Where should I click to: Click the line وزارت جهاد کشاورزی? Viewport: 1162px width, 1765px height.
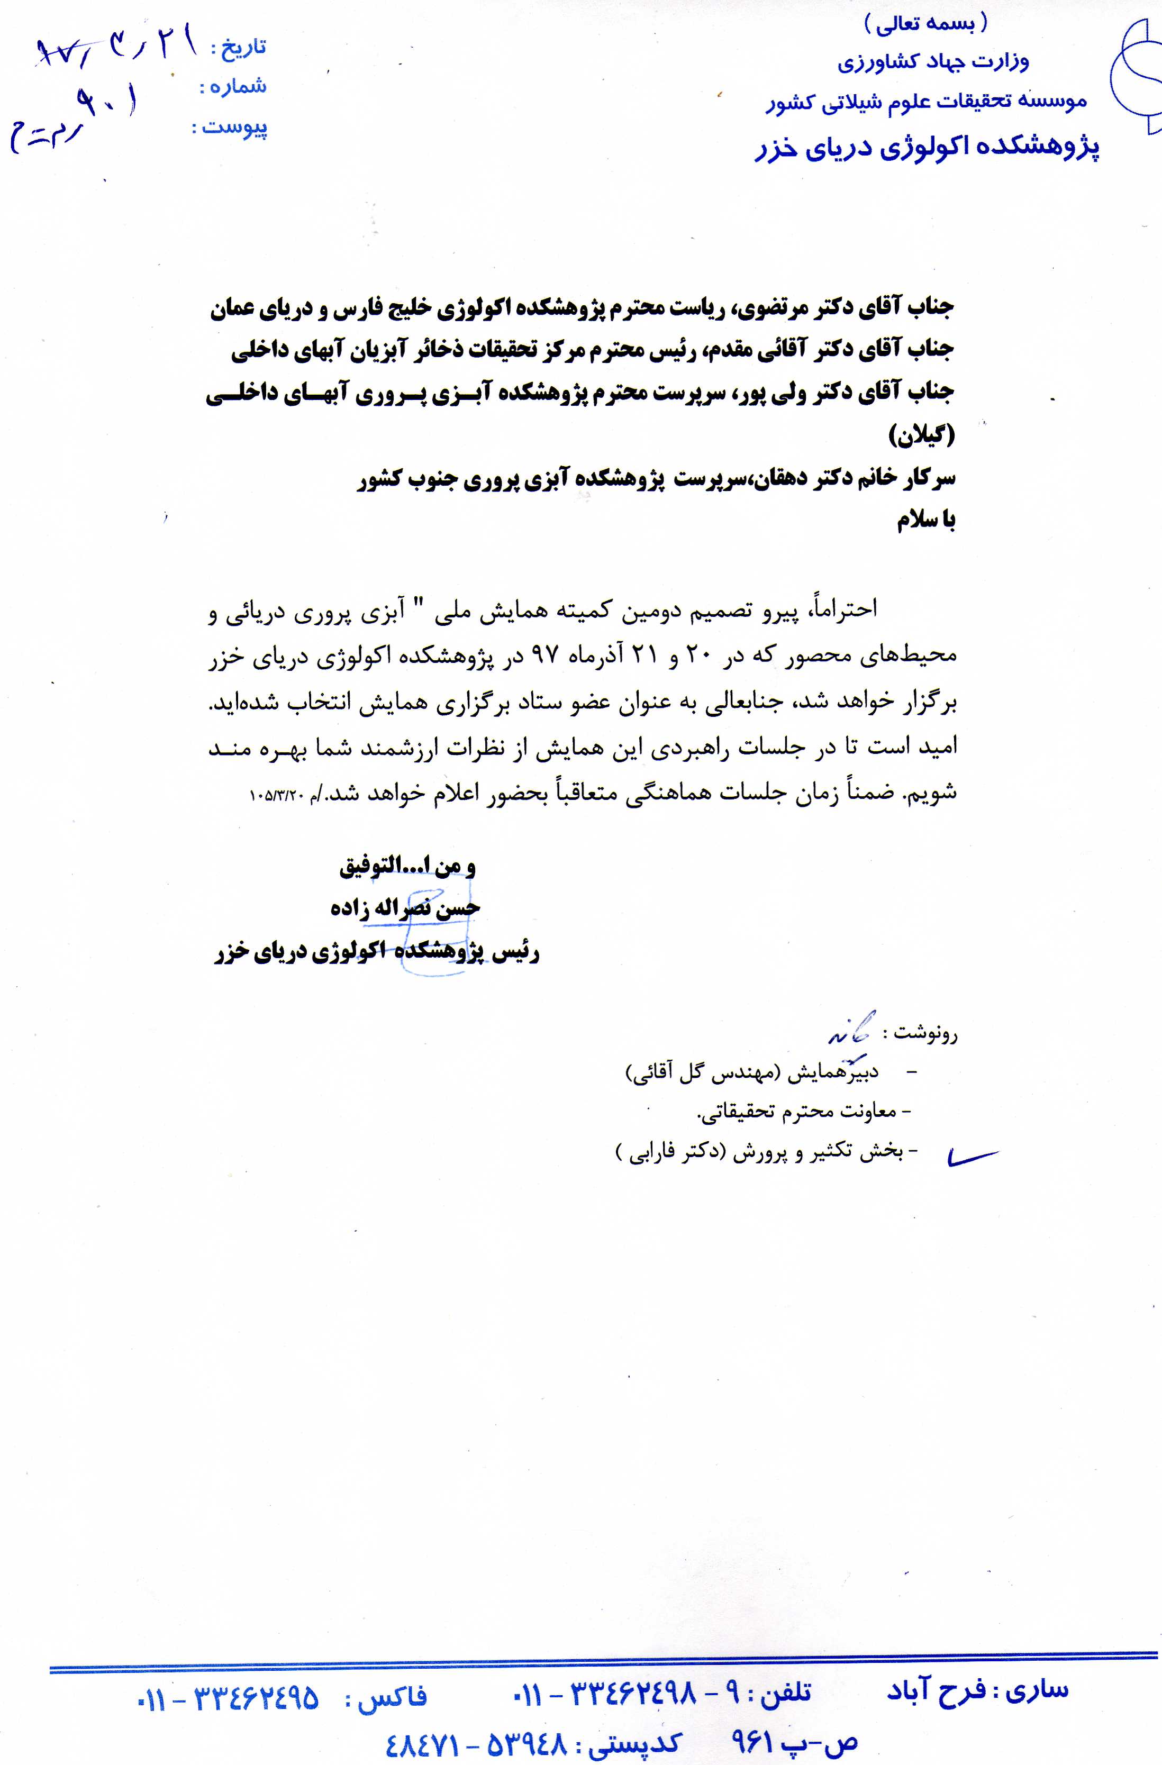click(x=933, y=61)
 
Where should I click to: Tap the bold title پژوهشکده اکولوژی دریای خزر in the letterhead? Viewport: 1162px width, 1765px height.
click(x=927, y=147)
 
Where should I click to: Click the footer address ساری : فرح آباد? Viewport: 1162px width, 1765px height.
click(x=977, y=1691)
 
